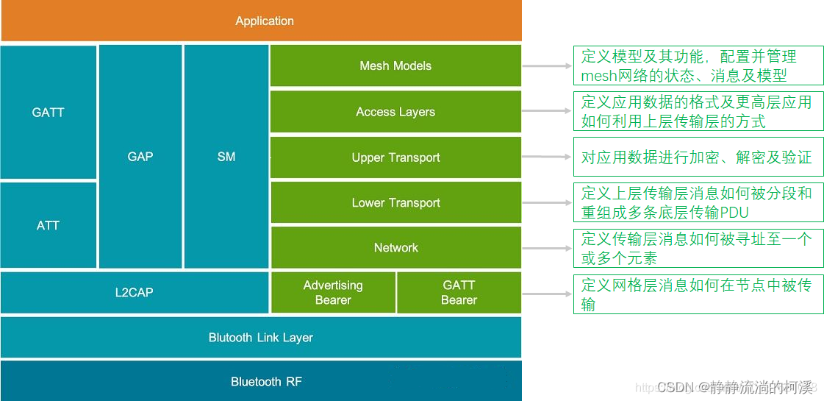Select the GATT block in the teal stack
click(49, 113)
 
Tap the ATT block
click(49, 225)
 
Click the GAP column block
click(140, 157)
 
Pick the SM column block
click(226, 157)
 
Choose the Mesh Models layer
click(395, 66)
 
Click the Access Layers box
click(395, 112)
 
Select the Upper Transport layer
click(395, 157)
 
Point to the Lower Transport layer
click(395, 203)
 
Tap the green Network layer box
click(395, 248)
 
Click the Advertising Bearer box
click(333, 293)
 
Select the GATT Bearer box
click(459, 293)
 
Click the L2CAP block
click(135, 293)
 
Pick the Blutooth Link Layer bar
click(261, 338)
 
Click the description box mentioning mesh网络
click(698, 65)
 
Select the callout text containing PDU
click(698, 202)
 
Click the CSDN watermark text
click(735, 387)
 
